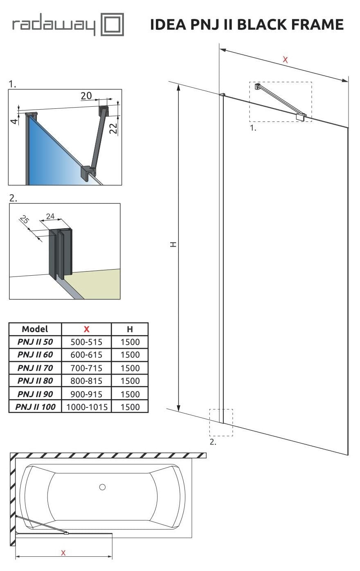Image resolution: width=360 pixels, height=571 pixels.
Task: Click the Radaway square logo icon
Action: click(x=112, y=25)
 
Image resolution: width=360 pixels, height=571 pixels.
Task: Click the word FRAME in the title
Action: click(x=315, y=25)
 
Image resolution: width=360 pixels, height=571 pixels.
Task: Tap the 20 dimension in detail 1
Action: click(x=86, y=96)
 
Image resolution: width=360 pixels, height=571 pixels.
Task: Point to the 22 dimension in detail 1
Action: click(x=113, y=129)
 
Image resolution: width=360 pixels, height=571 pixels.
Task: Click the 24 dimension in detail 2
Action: click(x=50, y=216)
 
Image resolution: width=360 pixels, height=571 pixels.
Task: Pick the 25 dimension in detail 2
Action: click(x=25, y=220)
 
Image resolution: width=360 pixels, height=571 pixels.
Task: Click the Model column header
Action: click(x=35, y=329)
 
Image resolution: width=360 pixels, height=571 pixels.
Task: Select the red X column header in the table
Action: click(x=86, y=329)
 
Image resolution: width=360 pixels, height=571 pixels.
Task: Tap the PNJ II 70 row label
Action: click(x=35, y=368)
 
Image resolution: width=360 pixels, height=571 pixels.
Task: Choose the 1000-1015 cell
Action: click(x=86, y=407)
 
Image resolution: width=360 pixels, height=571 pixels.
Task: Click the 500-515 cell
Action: click(x=86, y=342)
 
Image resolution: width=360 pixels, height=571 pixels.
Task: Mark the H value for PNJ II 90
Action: click(x=130, y=394)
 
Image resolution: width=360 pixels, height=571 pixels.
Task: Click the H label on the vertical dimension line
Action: click(x=173, y=245)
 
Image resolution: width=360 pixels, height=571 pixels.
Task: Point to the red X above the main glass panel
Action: click(x=285, y=60)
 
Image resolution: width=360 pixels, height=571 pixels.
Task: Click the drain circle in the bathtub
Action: click(x=102, y=487)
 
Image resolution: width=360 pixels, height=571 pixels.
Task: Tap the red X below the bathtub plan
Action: click(x=63, y=553)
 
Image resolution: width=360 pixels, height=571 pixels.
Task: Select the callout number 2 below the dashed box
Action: click(x=213, y=442)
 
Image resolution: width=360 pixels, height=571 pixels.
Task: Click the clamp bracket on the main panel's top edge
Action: click(x=301, y=117)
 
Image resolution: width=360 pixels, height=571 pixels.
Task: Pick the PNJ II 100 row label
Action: click(x=35, y=407)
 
